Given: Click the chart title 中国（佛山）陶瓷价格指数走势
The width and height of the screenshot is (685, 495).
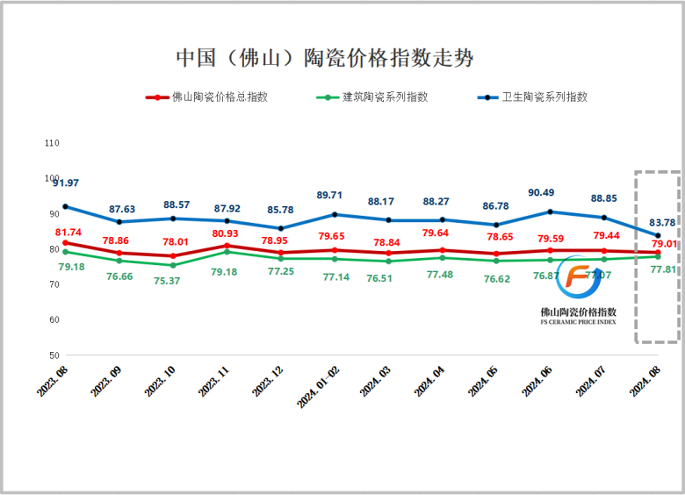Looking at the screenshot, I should (x=324, y=58).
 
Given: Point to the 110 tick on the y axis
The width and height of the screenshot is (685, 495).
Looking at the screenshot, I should (x=51, y=142).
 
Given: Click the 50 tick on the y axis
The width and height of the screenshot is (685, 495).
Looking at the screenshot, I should (x=53, y=355).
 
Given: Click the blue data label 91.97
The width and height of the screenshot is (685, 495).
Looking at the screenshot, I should (x=66, y=183).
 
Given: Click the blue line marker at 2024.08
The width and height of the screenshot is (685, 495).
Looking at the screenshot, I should (x=657, y=235).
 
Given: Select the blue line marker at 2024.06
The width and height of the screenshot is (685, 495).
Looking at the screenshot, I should (x=550, y=212).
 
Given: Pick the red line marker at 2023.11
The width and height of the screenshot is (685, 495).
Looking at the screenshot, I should (x=227, y=246).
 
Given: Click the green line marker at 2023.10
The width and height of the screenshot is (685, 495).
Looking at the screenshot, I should (x=173, y=265).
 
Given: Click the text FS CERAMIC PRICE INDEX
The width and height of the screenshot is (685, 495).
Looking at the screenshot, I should (x=578, y=322).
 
